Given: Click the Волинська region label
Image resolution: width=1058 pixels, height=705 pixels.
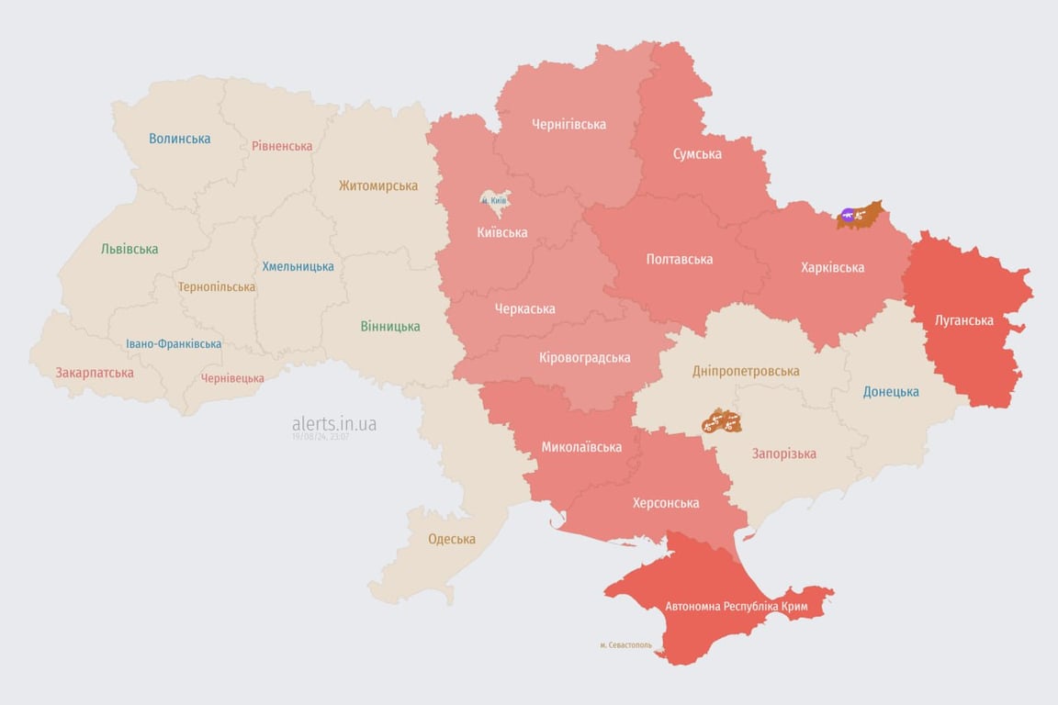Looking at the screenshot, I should click(x=180, y=139).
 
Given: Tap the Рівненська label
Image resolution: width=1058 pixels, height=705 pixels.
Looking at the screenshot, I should click(x=282, y=146).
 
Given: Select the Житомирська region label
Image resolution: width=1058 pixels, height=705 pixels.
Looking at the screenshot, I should click(x=377, y=185).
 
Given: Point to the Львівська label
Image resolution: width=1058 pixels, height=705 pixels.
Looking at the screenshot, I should click(x=129, y=249).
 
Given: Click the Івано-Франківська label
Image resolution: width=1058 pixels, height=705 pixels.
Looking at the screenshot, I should click(x=174, y=344).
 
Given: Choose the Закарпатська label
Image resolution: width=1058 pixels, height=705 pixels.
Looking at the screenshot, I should click(x=95, y=373).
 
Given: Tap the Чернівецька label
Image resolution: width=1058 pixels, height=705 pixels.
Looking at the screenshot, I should click(x=232, y=378).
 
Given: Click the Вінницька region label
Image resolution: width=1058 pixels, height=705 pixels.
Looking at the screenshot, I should click(x=390, y=326).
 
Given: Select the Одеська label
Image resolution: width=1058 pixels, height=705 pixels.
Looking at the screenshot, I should click(x=452, y=539).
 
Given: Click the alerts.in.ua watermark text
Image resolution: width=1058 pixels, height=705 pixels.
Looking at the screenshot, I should click(x=334, y=424).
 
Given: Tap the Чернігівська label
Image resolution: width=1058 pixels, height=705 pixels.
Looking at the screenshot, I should click(x=568, y=124).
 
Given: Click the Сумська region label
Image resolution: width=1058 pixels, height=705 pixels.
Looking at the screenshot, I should click(x=697, y=153).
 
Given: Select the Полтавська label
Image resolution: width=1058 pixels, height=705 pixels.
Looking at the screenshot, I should click(x=680, y=259).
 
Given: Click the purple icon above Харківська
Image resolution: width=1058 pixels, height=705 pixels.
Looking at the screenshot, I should click(x=848, y=216).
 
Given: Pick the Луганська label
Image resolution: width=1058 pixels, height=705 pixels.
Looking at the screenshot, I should click(x=964, y=320).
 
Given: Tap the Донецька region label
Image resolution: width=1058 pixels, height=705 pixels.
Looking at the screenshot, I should click(x=891, y=391).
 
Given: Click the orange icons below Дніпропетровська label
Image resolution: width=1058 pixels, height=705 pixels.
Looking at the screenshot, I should click(x=721, y=422).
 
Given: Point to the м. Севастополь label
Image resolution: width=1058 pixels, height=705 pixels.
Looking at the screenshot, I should click(x=626, y=644).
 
